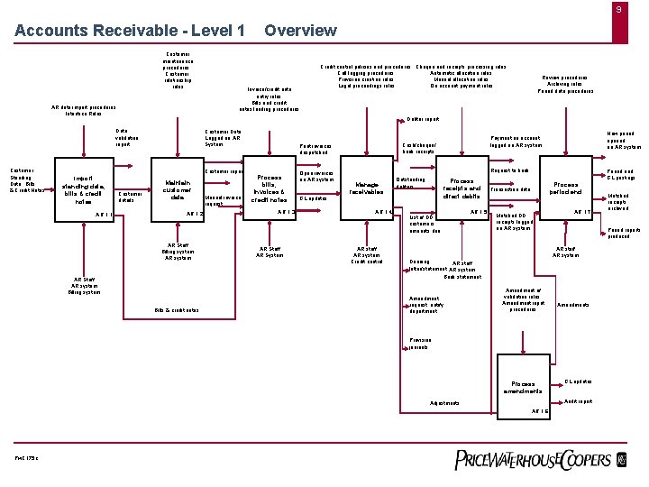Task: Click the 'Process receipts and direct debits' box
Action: pos(464,188)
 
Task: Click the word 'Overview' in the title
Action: pos(300,31)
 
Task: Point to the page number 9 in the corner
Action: pos(618,10)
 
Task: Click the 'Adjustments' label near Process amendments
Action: pos(445,402)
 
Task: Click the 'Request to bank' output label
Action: pos(510,170)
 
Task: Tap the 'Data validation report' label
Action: pos(123,137)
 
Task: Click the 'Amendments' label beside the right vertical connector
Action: pos(573,305)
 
